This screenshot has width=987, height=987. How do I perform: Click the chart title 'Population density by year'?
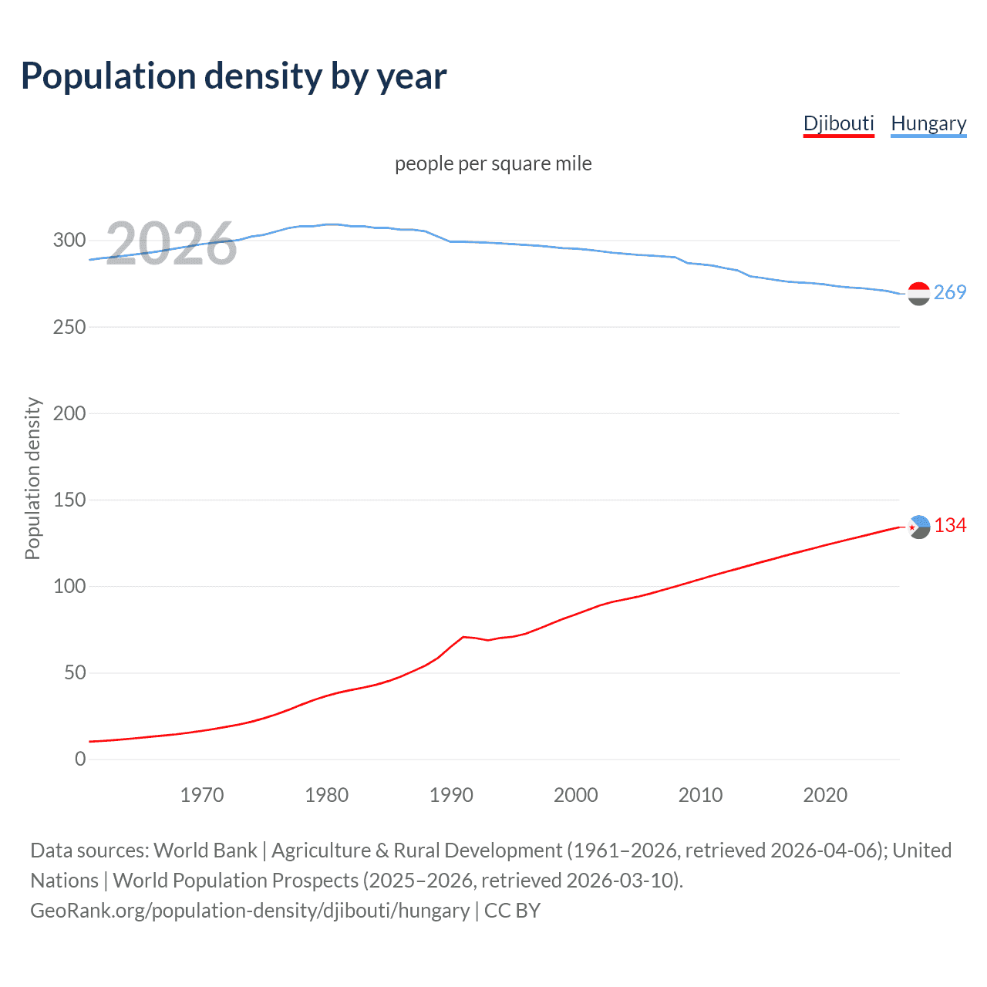[234, 76]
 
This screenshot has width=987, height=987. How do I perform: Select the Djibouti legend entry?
[838, 123]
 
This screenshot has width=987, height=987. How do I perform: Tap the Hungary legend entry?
[928, 123]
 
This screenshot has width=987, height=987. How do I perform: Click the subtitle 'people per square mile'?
[493, 163]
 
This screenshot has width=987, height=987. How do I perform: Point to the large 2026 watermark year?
[171, 244]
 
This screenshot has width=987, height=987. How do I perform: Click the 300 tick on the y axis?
[69, 240]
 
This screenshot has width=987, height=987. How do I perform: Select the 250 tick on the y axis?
[69, 327]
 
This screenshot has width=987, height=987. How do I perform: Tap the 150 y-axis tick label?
[69, 500]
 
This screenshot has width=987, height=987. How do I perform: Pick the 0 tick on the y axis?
[80, 759]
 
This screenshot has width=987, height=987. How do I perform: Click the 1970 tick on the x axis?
[202, 795]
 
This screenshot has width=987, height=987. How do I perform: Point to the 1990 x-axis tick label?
[451, 795]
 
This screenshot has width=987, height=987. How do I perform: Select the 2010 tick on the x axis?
[700, 795]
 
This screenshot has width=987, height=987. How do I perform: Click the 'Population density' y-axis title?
[32, 478]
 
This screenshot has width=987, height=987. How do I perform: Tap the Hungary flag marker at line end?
[918, 294]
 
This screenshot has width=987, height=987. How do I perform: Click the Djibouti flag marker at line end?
[918, 527]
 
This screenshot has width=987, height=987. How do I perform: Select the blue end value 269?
[950, 292]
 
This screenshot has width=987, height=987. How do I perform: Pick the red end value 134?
[950, 525]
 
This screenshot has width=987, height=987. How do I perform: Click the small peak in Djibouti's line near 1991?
[463, 637]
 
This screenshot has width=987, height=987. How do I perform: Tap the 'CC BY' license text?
[512, 911]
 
